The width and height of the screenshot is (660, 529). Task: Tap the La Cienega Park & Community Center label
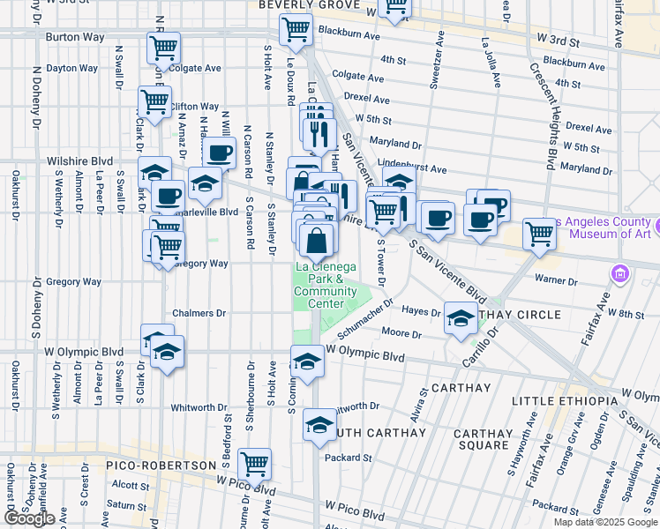pyautogui.click(x=326, y=285)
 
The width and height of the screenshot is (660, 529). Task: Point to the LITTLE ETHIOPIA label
pyautogui.click(x=565, y=401)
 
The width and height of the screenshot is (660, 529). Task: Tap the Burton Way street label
pyautogui.click(x=74, y=38)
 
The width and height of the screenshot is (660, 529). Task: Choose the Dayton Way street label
pyautogui.click(x=72, y=67)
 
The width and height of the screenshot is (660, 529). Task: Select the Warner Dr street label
pyautogui.click(x=556, y=281)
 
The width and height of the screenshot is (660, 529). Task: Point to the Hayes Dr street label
pyautogui.click(x=421, y=312)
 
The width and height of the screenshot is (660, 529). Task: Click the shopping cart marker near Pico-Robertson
pyautogui.click(x=254, y=462)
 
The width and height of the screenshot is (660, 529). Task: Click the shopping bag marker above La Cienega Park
pyautogui.click(x=316, y=239)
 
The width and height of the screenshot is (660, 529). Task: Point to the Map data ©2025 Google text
pyautogui.click(x=604, y=522)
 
